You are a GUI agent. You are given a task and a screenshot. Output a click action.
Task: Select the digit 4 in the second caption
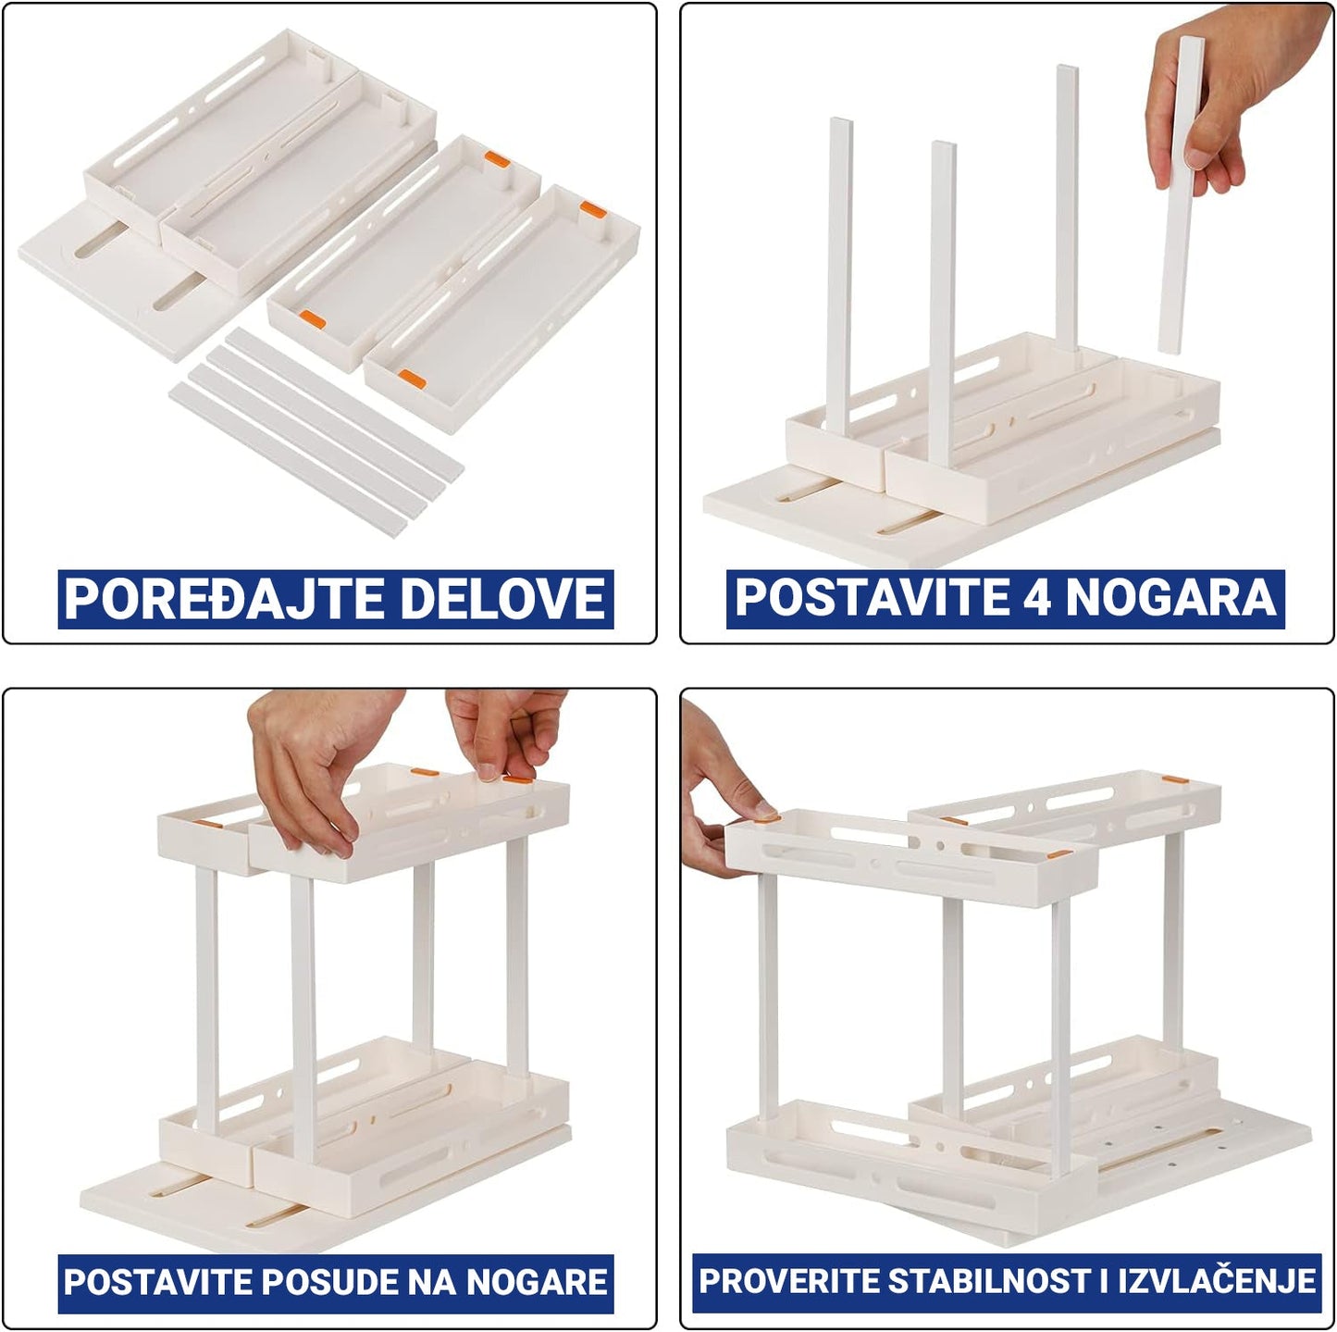click(x=1038, y=597)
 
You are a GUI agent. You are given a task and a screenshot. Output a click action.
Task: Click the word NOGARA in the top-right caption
click(x=1170, y=597)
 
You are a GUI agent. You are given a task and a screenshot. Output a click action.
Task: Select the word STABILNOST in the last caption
click(x=990, y=1281)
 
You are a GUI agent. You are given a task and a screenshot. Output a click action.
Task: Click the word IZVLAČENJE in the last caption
click(x=1219, y=1281)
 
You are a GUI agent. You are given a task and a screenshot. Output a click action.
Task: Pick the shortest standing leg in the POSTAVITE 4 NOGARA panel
click(x=942, y=304)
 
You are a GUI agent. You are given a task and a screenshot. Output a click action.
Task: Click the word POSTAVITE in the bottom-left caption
click(x=159, y=1281)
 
